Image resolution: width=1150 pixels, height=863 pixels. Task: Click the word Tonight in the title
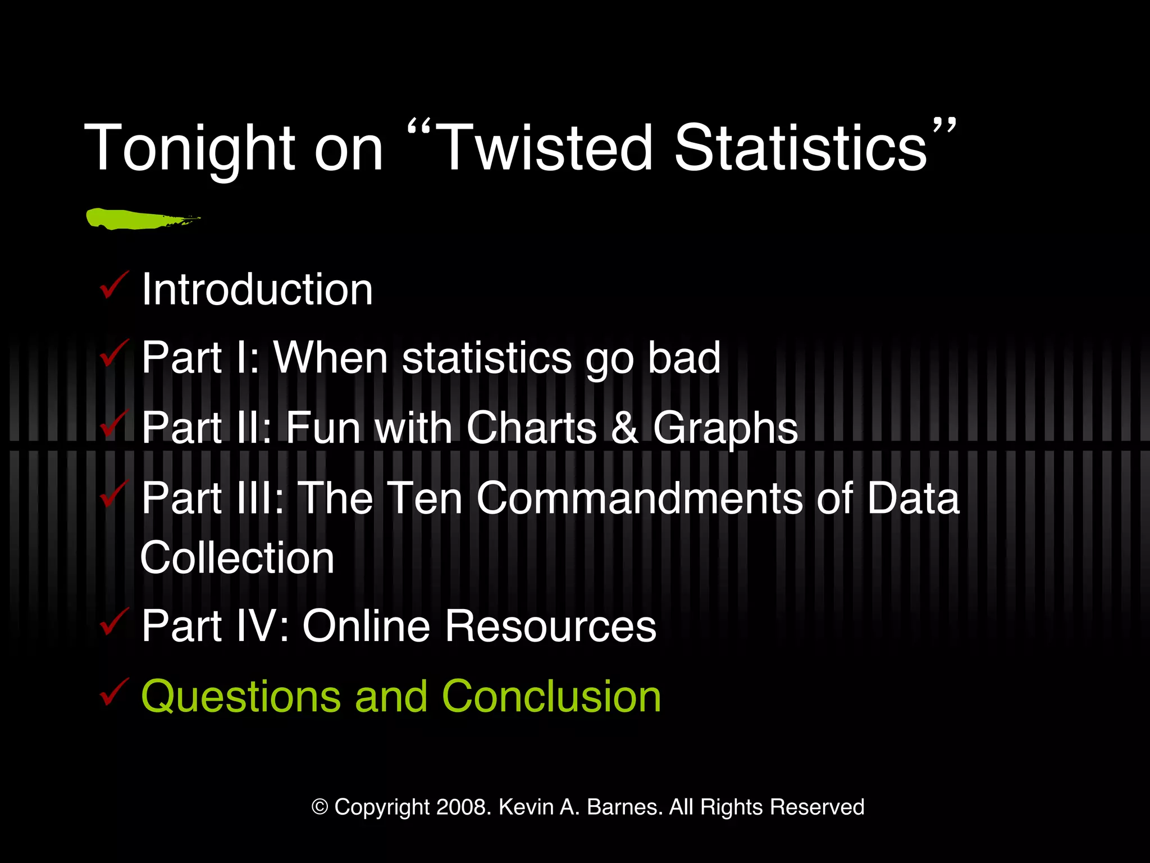(x=189, y=148)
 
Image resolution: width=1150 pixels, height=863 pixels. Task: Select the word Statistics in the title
(x=801, y=147)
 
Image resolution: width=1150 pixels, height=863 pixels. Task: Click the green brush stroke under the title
(x=140, y=219)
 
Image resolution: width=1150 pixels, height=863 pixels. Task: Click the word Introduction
(x=257, y=289)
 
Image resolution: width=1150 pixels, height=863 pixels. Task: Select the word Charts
(x=531, y=428)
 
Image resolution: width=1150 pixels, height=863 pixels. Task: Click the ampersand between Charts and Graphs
(x=624, y=428)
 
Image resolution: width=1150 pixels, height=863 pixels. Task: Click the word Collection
(x=238, y=558)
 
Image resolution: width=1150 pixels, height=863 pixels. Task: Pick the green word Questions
(x=241, y=697)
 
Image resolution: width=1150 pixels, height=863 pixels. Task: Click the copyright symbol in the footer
(x=320, y=807)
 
